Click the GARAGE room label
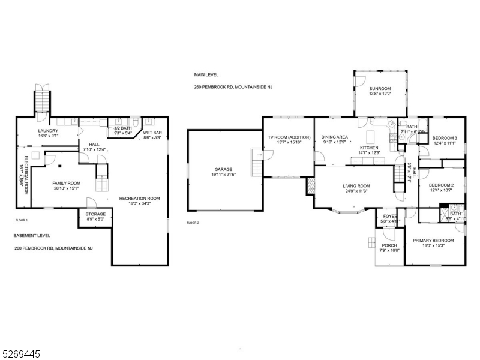[x=223, y=169]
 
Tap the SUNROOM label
[x=380, y=88]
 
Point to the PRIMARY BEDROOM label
[x=433, y=241]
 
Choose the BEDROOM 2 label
[x=441, y=185]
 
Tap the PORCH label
[x=389, y=245]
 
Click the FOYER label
[x=390, y=216]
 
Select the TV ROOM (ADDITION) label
[x=285, y=137]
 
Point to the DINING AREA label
[x=335, y=137]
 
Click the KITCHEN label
[x=369, y=148]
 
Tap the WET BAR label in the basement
[x=152, y=133]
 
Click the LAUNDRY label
[x=48, y=131]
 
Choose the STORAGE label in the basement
[x=95, y=214]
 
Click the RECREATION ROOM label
[x=139, y=199]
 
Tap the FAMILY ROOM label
[x=66, y=184]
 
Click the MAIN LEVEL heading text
[x=206, y=75]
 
